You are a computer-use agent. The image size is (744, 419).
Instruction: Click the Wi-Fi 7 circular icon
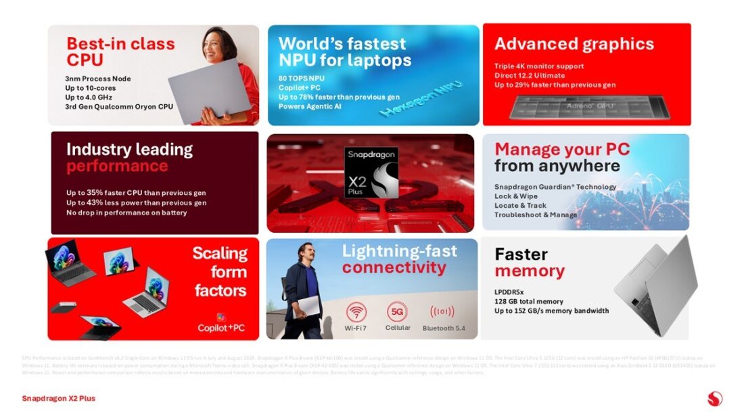tap(356, 313)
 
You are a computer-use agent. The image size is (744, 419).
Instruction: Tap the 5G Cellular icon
tap(398, 312)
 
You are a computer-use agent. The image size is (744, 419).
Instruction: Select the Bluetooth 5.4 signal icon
tap(442, 312)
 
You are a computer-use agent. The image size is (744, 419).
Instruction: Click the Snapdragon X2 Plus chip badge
tap(371, 173)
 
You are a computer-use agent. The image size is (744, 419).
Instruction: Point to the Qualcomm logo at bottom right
tap(714, 399)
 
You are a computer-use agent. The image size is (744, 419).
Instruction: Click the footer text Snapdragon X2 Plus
tap(58, 399)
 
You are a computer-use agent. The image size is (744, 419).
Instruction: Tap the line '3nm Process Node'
tap(98, 79)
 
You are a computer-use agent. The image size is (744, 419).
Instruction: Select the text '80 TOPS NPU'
tap(302, 78)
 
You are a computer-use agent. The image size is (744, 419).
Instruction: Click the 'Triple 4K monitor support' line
tap(539, 66)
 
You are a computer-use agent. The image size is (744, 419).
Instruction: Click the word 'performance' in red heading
tap(117, 167)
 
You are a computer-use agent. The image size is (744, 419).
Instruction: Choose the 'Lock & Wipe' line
tap(516, 196)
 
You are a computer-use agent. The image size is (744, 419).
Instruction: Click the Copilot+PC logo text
tap(221, 328)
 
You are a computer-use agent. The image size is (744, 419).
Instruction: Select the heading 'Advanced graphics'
tap(574, 45)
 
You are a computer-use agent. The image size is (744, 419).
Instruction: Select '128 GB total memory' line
tap(528, 302)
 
